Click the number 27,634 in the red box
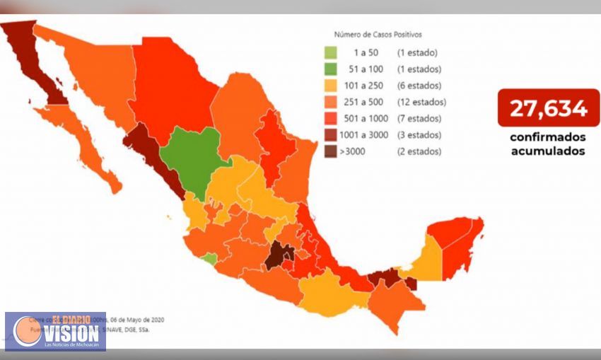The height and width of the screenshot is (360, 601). point(549,108)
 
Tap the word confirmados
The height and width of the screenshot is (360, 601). point(549,137)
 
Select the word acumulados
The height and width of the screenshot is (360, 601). point(549,151)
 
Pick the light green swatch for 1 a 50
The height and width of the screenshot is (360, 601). point(331,52)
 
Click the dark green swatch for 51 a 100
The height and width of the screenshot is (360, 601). point(331,69)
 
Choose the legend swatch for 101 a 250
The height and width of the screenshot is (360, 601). point(331,86)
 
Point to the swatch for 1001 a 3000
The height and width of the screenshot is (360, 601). point(331,134)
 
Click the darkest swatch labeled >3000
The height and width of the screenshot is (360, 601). point(331,151)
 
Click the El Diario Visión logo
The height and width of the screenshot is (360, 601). point(55,331)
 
